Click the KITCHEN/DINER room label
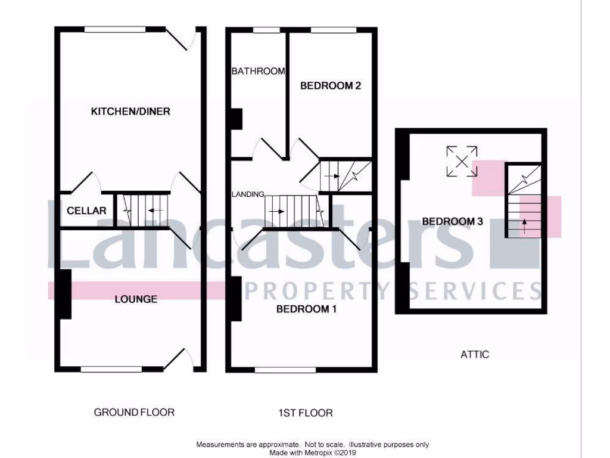130,112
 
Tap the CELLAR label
86,211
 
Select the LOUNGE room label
136,299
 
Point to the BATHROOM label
258,71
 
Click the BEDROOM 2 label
330,86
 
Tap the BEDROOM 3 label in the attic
452,221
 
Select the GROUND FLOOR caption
134,412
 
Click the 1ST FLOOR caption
305,413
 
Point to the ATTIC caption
475,354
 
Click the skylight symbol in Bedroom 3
462,161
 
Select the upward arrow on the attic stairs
524,224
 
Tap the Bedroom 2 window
334,29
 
